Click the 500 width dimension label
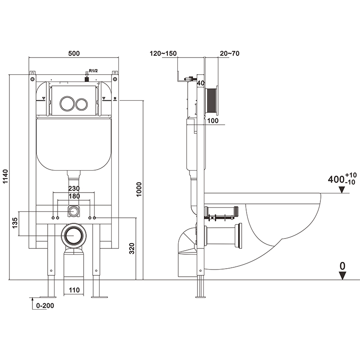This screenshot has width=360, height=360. [x=74, y=53]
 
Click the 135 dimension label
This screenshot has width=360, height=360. [x=15, y=223]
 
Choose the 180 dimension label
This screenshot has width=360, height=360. [x=74, y=197]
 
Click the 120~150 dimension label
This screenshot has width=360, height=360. [x=163, y=54]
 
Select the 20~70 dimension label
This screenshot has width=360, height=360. [x=229, y=54]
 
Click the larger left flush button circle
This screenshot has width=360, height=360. [x=67, y=103]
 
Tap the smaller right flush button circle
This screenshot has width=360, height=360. [x=81, y=104]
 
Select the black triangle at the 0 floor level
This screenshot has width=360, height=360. [x=342, y=276]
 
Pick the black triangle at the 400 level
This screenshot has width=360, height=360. [x=342, y=190]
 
